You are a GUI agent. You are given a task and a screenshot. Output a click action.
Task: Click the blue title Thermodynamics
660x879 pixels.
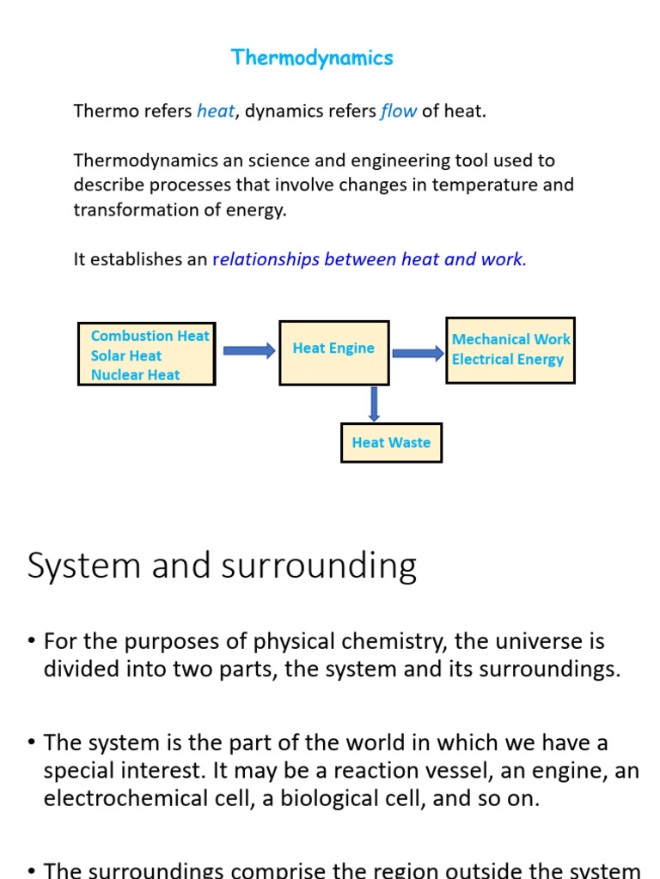tap(312, 58)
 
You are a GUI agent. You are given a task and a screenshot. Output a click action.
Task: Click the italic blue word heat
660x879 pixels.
tap(216, 111)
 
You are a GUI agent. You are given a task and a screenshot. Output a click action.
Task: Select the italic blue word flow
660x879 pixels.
tap(399, 111)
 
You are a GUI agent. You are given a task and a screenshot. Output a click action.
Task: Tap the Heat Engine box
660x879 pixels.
tap(333, 352)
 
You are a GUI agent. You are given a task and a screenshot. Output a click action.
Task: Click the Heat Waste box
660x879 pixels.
tap(391, 443)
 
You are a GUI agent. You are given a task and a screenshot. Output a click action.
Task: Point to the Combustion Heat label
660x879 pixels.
tap(150, 336)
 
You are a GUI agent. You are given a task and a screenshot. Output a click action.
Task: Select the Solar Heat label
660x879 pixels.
tap(126, 355)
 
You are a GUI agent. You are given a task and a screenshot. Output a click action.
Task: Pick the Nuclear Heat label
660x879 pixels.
tap(136, 374)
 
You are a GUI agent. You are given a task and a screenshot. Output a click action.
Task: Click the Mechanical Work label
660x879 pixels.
tap(510, 339)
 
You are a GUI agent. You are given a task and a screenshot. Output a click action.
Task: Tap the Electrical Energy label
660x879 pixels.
tap(508, 359)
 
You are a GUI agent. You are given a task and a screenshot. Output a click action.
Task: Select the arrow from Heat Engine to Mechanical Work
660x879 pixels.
tap(418, 353)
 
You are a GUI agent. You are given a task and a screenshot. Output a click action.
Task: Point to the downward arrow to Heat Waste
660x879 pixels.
tap(374, 404)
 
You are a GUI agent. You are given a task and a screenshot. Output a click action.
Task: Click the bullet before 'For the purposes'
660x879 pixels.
tap(31, 641)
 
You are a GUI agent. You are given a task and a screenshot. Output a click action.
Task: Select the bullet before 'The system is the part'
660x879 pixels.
tap(31, 742)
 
